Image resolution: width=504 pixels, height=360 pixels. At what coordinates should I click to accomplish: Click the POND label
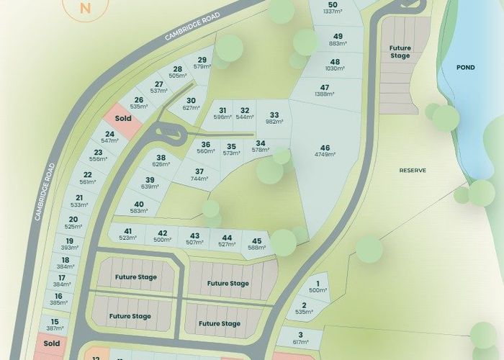(x=466, y=67)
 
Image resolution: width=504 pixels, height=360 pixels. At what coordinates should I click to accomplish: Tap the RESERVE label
(x=413, y=171)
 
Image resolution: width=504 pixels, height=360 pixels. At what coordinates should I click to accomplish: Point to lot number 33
(x=274, y=118)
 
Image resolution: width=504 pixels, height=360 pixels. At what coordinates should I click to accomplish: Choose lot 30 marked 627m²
(x=191, y=104)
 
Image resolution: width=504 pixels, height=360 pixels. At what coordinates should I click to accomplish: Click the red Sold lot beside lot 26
(x=123, y=117)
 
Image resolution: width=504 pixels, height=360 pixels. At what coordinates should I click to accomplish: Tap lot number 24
(x=109, y=138)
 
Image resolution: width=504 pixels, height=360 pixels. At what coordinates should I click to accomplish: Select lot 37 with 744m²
(x=199, y=175)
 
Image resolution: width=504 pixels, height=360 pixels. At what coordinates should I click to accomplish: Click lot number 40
(x=139, y=207)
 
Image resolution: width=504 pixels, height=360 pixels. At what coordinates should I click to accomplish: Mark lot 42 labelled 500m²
(x=163, y=236)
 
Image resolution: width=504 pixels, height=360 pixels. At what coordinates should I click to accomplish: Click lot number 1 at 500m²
(x=318, y=287)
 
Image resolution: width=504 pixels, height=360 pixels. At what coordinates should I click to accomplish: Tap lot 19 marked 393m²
(x=70, y=245)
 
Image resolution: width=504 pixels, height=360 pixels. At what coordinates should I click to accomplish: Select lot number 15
(x=55, y=325)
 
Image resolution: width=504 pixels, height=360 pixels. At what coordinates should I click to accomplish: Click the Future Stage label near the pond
(x=400, y=53)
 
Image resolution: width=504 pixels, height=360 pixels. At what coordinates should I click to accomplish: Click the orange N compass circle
(x=86, y=9)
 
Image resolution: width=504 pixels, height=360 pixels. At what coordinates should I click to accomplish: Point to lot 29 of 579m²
(x=202, y=63)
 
